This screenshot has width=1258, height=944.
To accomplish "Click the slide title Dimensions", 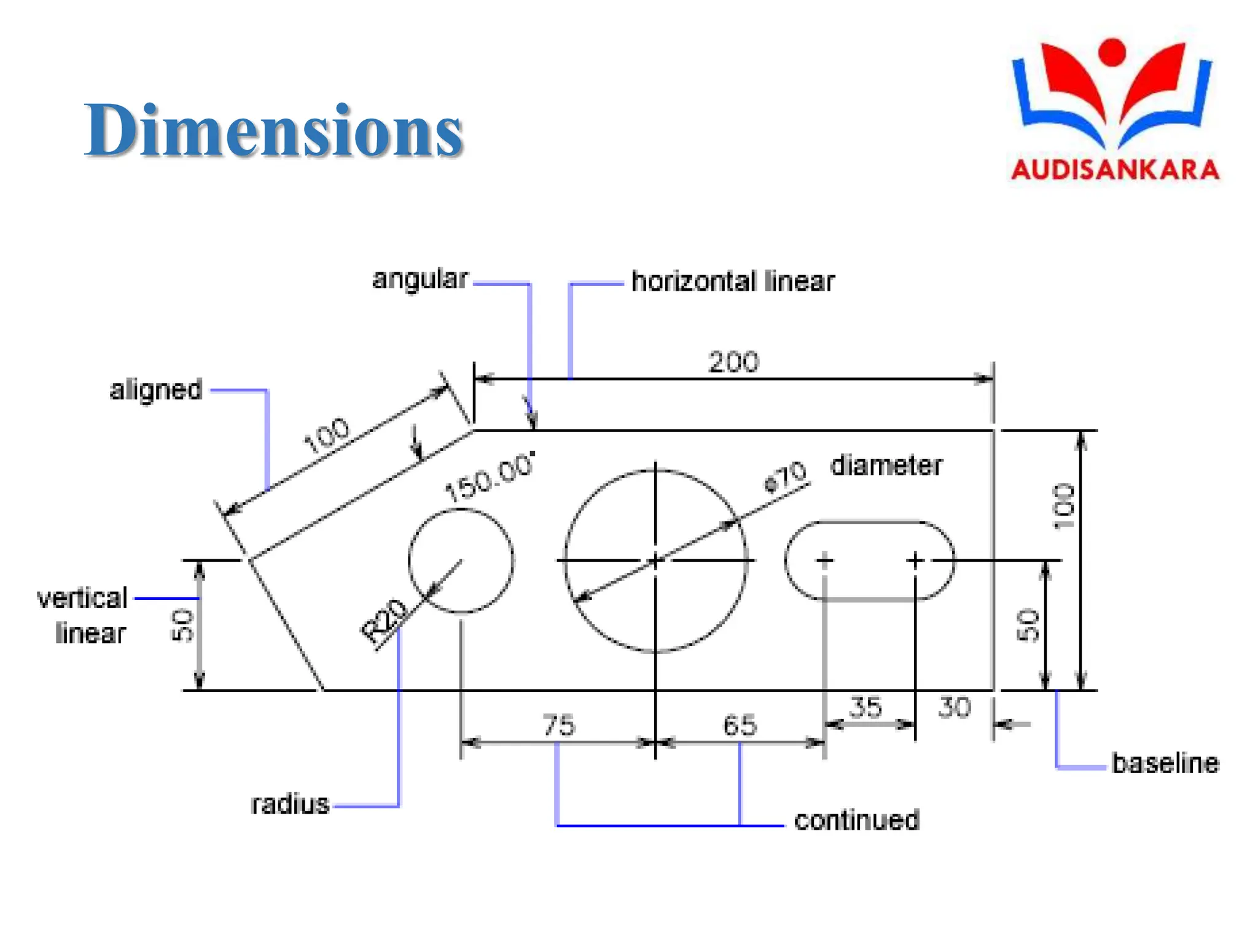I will coord(273,130).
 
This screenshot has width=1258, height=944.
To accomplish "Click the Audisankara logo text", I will coord(1115,170).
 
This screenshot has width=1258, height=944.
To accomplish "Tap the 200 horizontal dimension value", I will coord(733,362).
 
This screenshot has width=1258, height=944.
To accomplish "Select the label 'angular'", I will coord(420,280).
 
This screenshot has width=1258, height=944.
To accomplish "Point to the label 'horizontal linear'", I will coord(733,281).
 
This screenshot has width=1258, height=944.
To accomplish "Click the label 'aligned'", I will coord(156,390).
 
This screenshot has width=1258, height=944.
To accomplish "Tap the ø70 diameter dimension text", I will coord(785,476).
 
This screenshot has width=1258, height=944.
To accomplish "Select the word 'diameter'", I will coord(886,466).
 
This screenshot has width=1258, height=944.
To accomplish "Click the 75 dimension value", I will coord(559,725).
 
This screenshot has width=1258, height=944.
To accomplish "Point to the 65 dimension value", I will coord(740,725).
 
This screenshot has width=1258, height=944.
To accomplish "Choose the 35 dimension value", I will coord(865,707).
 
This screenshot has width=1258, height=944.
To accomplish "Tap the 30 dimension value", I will coord(955,707).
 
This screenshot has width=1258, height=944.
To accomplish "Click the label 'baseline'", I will coord(1165,763).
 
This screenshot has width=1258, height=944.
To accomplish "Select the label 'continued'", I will coord(857,820).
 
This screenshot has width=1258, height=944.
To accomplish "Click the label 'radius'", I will coord(290,804).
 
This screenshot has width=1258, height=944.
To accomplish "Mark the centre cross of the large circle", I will coord(655,560).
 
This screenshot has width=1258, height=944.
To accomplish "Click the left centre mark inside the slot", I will coord(824,560).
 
